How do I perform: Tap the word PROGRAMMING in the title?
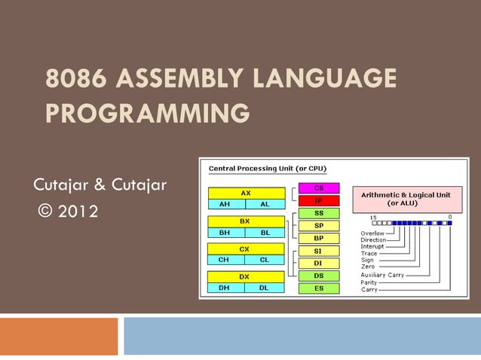pyautogui.click(x=147, y=114)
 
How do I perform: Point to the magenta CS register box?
pyautogui.click(x=318, y=188)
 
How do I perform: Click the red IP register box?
pyautogui.click(x=318, y=200)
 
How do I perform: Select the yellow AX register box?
pyautogui.click(x=246, y=193)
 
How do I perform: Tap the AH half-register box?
pyautogui.click(x=225, y=203)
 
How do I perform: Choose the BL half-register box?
pyautogui.click(x=265, y=232)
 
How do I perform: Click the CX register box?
pyautogui.click(x=246, y=249)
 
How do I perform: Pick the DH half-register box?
pyautogui.click(x=225, y=287)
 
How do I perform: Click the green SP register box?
pyautogui.click(x=318, y=225)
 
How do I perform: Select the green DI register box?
pyautogui.click(x=318, y=263)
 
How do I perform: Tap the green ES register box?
pyautogui.click(x=318, y=288)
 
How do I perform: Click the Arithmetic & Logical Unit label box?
pyautogui.click(x=406, y=198)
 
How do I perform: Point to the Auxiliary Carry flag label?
pyautogui.click(x=381, y=275)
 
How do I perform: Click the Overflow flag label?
pyautogui.click(x=372, y=233)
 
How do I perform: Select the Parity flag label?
pyautogui.click(x=369, y=282)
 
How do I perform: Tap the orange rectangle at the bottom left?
pyautogui.click(x=59, y=336)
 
